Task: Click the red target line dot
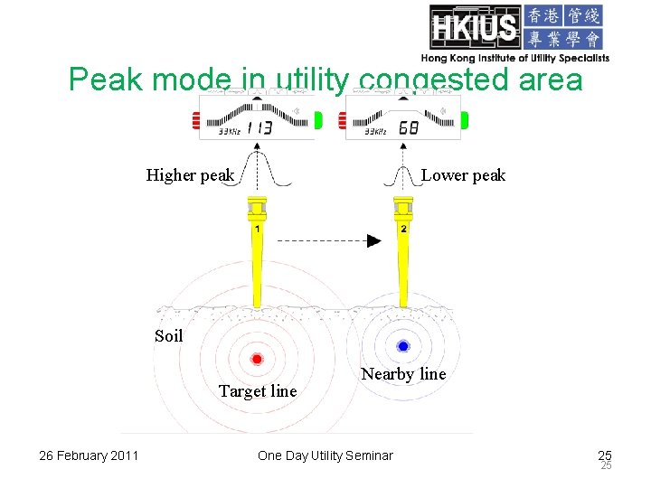[257, 359]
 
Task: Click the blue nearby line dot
[403, 346]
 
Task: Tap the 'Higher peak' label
[190, 175]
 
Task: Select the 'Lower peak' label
[464, 175]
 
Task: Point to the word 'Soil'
[168, 336]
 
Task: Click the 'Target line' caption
[258, 391]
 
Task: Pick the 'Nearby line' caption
[403, 374]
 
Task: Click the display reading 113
[259, 127]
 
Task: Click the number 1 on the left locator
[258, 230]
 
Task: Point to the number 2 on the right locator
[403, 230]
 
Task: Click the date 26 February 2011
[89, 455]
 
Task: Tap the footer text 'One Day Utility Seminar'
[325, 455]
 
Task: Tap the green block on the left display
[318, 119]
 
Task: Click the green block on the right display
[464, 119]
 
